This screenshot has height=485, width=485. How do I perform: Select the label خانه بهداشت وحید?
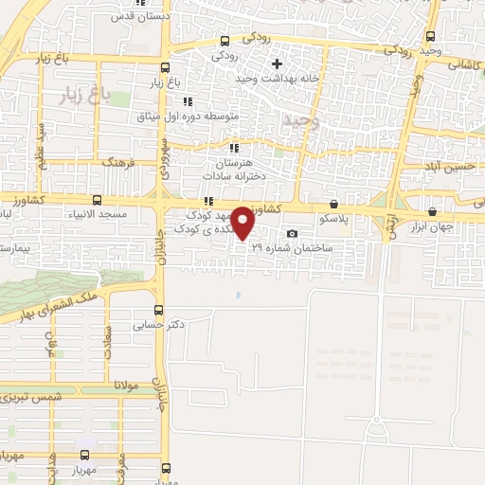click(x=276, y=82)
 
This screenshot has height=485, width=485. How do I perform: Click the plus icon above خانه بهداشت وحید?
click(x=277, y=64)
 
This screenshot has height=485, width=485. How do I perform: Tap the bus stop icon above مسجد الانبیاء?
click(x=98, y=200)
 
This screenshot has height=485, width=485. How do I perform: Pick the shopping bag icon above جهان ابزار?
click(x=433, y=211)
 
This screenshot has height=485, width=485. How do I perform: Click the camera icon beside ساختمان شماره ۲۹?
click(x=292, y=234)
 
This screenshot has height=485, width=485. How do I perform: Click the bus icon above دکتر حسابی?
click(x=157, y=309)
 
